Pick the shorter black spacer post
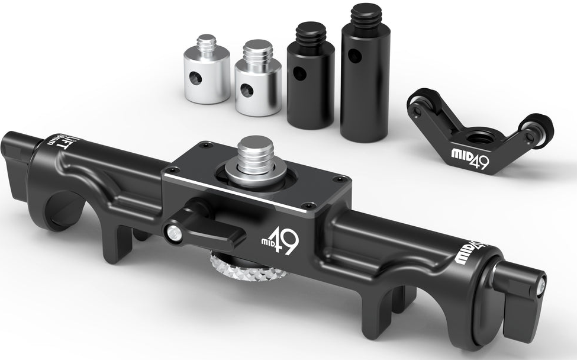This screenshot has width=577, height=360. pyautogui.click(x=310, y=83)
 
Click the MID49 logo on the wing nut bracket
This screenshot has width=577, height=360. pyautogui.click(x=470, y=159)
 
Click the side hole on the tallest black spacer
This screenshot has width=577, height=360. pyautogui.click(x=354, y=56)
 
